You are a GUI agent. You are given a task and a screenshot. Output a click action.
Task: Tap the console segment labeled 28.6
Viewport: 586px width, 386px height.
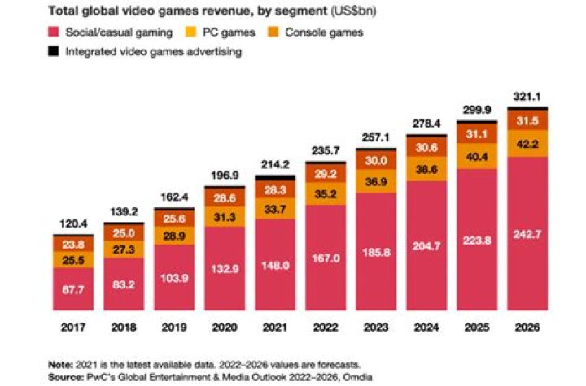(x=225, y=198)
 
